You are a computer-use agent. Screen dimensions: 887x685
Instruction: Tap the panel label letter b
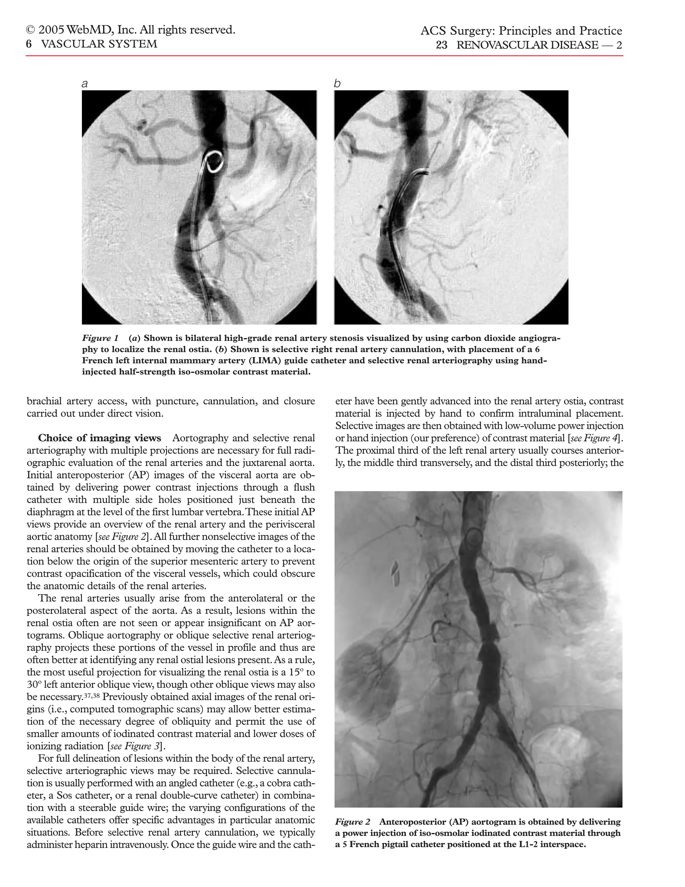click(x=337, y=84)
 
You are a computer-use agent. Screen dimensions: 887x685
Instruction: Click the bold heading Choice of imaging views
click(x=99, y=438)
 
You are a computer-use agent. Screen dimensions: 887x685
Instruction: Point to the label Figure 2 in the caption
click(x=352, y=822)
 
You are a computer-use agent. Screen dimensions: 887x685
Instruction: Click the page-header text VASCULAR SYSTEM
click(x=99, y=44)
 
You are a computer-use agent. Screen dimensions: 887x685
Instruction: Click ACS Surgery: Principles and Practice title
click(x=521, y=31)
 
